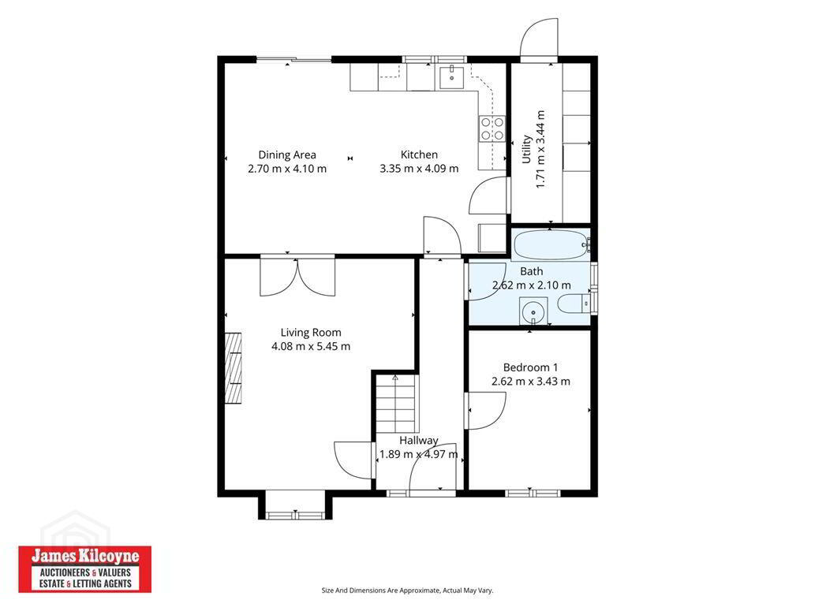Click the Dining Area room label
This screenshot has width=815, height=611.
point(287,155)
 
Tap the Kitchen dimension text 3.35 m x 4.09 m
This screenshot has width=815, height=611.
point(419,169)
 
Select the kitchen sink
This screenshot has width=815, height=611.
point(451,77)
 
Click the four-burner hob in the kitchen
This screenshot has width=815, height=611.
point(492,129)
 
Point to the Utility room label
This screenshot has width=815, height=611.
point(526,150)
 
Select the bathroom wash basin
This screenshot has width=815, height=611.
point(533,311)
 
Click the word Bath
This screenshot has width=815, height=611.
point(531,271)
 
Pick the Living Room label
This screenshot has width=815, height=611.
point(311,333)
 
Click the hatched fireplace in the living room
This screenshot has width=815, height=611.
point(234,368)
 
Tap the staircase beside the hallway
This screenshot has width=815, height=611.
point(397,403)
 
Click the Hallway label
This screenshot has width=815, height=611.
point(418,441)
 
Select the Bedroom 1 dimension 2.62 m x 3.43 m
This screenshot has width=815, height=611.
point(531,382)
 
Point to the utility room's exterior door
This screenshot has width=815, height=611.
point(539,39)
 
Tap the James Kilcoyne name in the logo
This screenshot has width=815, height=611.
point(85,556)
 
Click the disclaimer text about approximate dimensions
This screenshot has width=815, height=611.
point(407,591)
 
